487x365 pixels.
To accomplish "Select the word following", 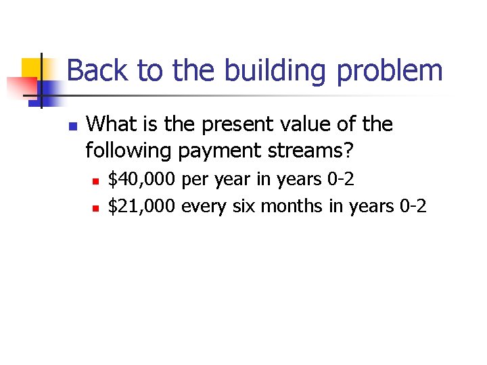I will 129,151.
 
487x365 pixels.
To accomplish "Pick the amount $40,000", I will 143,180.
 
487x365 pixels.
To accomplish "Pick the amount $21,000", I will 143,206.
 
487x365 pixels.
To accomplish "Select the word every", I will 205,207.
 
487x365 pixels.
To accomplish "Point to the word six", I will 245,206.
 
